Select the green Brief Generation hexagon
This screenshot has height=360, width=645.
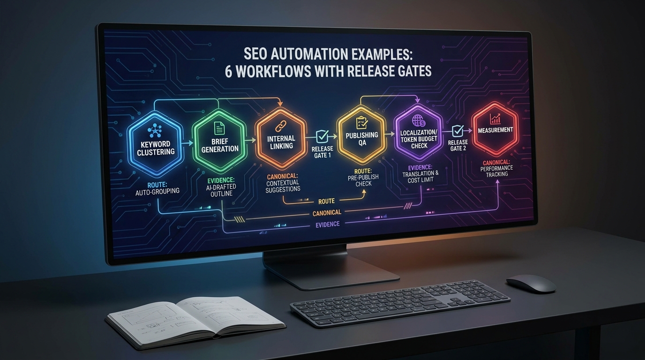click(219, 141)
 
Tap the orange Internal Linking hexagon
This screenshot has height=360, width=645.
click(281, 138)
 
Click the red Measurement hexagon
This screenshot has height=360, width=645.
click(495, 129)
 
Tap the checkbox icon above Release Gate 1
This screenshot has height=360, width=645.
click(322, 136)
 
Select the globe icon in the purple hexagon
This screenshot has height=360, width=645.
click(418, 120)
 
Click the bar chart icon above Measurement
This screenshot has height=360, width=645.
click(495, 119)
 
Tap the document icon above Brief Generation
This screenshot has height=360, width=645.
click(219, 127)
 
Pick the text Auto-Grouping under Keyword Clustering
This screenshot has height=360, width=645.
click(157, 191)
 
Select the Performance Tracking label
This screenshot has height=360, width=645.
click(497, 171)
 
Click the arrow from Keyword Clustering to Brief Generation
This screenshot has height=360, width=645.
click(187, 143)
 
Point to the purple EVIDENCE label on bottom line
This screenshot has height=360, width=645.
click(327, 224)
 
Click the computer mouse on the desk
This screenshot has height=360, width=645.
click(531, 284)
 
